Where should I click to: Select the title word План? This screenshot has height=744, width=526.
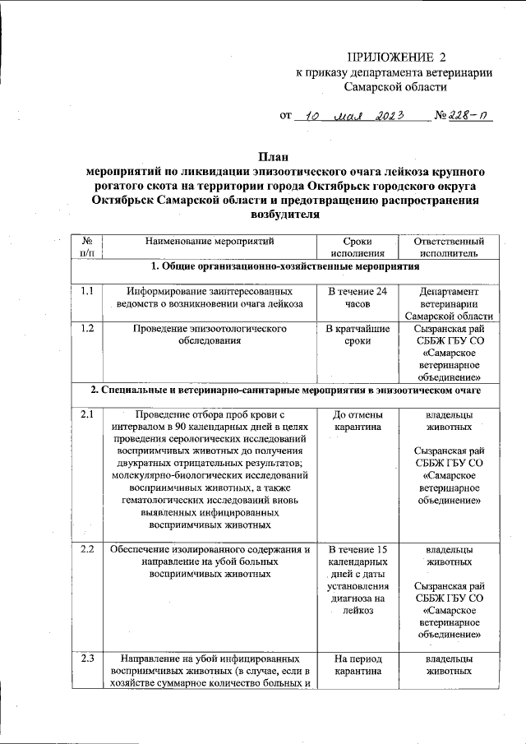275,156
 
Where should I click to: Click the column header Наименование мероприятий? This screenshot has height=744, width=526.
209,242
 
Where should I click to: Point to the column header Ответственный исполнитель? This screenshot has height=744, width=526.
444,247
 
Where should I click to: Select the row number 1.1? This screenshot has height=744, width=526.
88,291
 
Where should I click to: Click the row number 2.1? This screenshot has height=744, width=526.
88,414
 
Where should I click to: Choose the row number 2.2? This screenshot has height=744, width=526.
88,549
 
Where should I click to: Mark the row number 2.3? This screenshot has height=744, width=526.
88,658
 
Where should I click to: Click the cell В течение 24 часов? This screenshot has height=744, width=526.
358,298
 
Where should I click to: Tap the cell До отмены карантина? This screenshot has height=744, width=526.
358,421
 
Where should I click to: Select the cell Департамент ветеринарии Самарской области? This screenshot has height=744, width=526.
444,303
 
